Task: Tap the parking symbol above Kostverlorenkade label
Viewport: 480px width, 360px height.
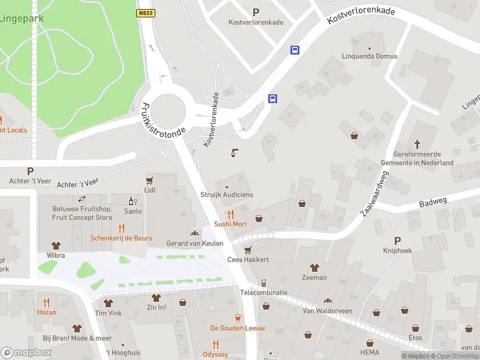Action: (x=256, y=11)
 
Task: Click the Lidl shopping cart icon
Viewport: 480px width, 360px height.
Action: (x=149, y=179)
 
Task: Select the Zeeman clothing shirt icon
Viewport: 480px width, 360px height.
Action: (x=314, y=268)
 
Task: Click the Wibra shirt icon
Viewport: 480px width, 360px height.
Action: (x=56, y=245)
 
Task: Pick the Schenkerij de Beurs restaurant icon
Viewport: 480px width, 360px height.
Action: (x=121, y=227)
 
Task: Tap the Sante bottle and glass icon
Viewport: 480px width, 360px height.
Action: (x=133, y=200)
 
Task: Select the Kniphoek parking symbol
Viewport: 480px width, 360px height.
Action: (x=397, y=240)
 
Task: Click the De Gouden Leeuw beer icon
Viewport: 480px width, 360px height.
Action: (x=238, y=317)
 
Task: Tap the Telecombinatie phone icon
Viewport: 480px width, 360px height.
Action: (x=264, y=283)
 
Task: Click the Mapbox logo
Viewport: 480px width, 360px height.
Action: (x=26, y=353)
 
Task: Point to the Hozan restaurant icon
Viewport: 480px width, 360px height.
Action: (x=46, y=302)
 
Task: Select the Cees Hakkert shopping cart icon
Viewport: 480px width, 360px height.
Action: (x=247, y=250)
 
